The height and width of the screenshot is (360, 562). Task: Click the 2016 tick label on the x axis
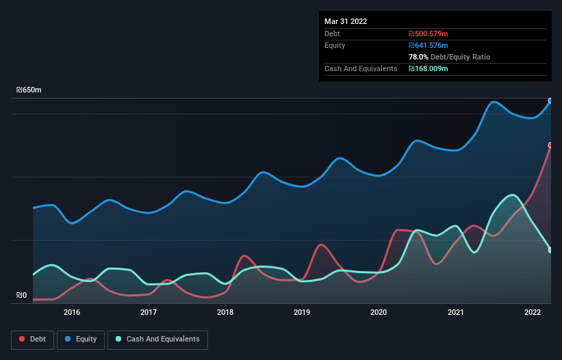pos(72,312)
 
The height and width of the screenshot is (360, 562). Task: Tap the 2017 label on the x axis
pos(149,312)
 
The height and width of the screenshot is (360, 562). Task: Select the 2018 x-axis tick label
pos(225,312)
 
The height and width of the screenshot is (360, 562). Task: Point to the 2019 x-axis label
pos(302,312)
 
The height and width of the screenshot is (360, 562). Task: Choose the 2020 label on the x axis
pos(379,312)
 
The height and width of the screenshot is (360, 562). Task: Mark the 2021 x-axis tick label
pos(456,312)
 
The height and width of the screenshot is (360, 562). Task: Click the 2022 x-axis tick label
pos(533,312)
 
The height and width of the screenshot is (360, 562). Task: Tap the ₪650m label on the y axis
pos(29,90)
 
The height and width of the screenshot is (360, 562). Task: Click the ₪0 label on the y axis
pos(22,296)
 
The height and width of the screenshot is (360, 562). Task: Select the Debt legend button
pos(31,339)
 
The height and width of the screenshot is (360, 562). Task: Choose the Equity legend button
pos(81,339)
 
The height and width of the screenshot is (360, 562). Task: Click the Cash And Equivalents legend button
pos(157,339)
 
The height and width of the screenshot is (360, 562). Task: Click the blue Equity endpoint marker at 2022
pos(550,101)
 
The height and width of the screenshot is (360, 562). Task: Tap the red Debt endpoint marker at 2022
pos(550,145)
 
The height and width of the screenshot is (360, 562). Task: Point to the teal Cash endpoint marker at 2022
pos(550,250)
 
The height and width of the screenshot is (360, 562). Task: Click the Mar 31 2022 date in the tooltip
pos(346,21)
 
